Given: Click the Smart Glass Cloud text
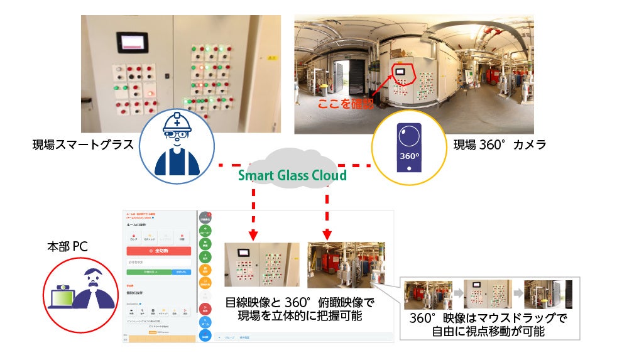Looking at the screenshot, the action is point(293,175).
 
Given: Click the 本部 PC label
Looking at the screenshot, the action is point(67,247).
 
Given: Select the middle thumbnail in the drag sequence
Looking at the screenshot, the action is point(488,295).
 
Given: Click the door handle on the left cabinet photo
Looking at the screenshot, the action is point(167,75).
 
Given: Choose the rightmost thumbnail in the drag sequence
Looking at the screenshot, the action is point(547,295).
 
